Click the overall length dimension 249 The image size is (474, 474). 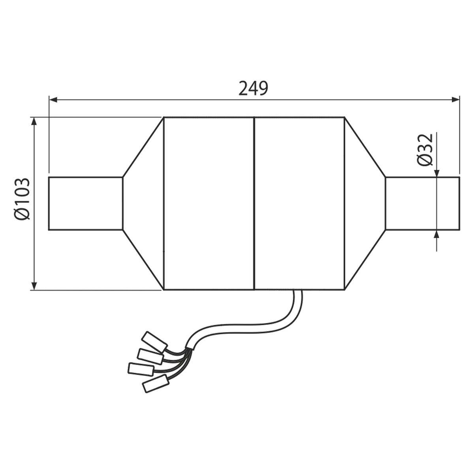(x=254, y=88)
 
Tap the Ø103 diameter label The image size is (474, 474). (x=22, y=198)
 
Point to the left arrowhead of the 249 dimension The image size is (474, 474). (x=53, y=100)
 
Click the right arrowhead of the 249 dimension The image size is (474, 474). (x=455, y=100)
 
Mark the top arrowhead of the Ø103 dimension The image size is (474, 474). (x=34, y=121)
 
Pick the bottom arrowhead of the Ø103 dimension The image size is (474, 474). (x=34, y=285)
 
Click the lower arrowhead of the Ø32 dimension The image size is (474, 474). (x=436, y=234)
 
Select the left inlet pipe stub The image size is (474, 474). (x=85, y=203)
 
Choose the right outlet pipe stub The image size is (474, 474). (x=422, y=203)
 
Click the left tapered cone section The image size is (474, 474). (x=143, y=203)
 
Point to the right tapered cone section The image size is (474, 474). (x=365, y=203)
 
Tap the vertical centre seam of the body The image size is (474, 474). (x=253, y=203)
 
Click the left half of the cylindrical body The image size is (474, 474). (x=208, y=203)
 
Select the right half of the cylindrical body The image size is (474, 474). (x=299, y=203)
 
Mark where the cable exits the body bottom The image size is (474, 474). (x=297, y=292)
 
